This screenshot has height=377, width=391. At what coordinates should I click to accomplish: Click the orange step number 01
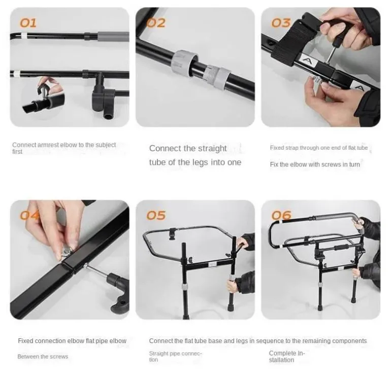[x=28, y=23]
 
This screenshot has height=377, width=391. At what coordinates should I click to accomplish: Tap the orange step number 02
[x=156, y=23]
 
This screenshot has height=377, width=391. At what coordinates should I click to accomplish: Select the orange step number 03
[x=281, y=23]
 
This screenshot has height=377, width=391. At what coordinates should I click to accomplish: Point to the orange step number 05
[x=156, y=215]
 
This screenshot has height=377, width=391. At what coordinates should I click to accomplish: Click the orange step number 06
[x=281, y=215]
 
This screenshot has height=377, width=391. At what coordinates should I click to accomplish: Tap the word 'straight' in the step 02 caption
[x=212, y=148]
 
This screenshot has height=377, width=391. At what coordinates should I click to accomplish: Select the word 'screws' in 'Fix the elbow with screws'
[x=331, y=164]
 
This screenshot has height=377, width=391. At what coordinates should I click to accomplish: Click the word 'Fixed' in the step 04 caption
[x=25, y=340]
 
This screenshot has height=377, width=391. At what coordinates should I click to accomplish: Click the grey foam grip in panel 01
[x=113, y=37]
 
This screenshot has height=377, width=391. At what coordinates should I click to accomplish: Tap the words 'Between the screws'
[x=43, y=357]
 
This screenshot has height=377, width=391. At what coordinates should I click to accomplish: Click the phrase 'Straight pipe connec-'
[x=176, y=353]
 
